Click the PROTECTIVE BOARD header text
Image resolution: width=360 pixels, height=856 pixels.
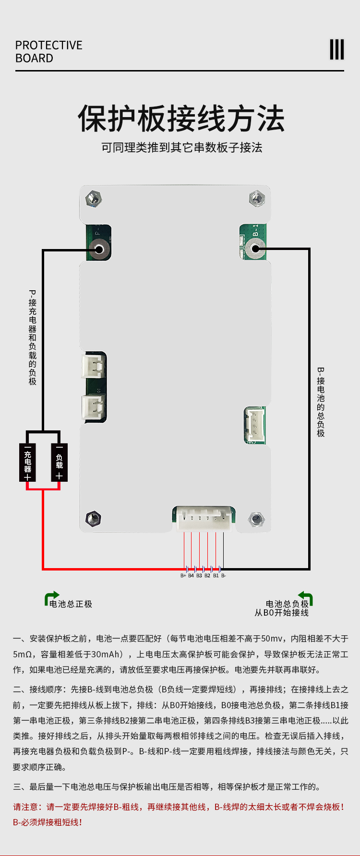48,51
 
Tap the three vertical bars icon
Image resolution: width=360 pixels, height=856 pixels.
336,49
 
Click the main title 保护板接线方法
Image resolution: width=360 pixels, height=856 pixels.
181,119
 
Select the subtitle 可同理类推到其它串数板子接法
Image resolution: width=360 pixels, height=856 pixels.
181,147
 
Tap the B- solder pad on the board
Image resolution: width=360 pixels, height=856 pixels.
255,249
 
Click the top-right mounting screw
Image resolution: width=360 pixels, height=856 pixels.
257,197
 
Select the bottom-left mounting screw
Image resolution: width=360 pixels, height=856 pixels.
93,518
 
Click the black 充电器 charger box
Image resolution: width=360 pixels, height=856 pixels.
27,463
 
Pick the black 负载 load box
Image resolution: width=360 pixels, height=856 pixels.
59,463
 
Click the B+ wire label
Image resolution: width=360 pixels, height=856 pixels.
183,575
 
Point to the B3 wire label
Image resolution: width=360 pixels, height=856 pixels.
199,575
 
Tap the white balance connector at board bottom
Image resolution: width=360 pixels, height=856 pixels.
204,519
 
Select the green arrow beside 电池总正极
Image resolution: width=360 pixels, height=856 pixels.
51,597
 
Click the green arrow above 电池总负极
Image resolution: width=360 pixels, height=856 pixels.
306,597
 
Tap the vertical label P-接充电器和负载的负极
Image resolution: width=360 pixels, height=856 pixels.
33,337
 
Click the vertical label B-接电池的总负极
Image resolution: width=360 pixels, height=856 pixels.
321,402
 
